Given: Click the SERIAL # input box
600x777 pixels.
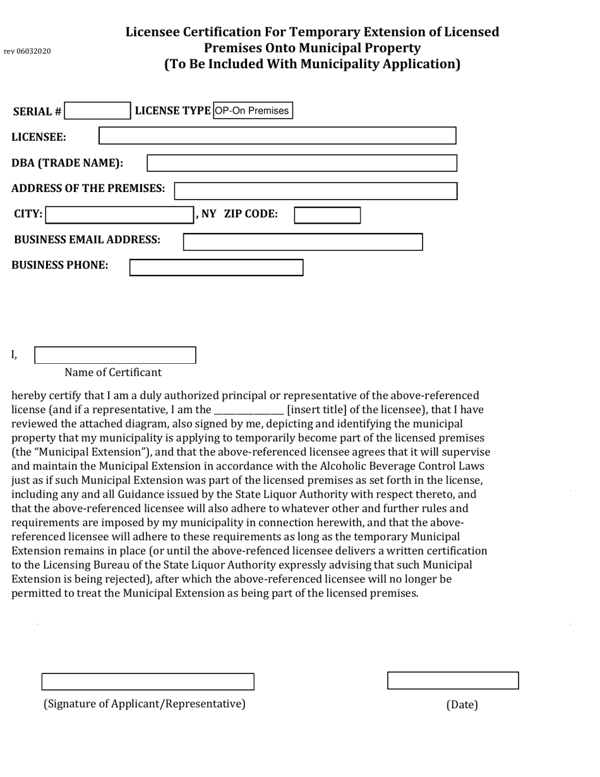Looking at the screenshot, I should pos(97,111).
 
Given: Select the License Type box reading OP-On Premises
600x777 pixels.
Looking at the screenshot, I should pos(253,111).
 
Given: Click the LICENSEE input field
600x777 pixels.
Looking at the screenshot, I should pos(277,136).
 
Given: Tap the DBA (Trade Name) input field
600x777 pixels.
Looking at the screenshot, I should pos(302,163).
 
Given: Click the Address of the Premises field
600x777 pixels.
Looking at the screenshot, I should pos(316,191).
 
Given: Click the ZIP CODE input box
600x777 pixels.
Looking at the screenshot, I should pos(327,215).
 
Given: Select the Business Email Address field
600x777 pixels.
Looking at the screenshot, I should pos(303,242).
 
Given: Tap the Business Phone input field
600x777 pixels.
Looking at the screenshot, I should pos(216,267).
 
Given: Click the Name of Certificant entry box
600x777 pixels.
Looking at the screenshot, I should pos(115,355).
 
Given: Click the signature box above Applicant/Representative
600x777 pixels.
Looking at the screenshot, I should pos(148,682).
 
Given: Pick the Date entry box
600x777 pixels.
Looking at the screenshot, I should pos(453,680).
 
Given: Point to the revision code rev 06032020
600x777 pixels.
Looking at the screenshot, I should pos(27,51).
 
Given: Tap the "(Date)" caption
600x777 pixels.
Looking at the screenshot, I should pos(462,705).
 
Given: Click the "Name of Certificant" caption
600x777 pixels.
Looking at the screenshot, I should pos(113,373).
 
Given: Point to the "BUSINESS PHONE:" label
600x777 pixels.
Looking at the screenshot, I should pos(60,265).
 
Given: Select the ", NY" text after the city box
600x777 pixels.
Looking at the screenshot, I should pos(206,214).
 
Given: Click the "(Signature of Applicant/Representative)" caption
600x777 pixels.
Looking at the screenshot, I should pos(144,704).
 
